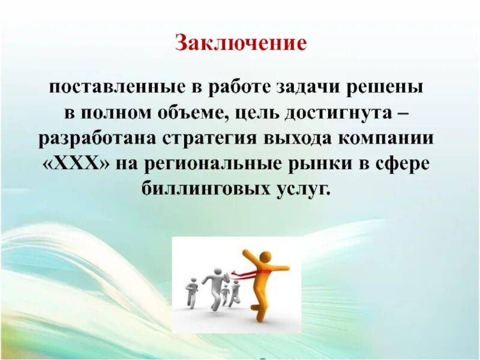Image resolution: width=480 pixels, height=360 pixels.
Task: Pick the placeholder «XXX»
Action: tap(77, 164)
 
